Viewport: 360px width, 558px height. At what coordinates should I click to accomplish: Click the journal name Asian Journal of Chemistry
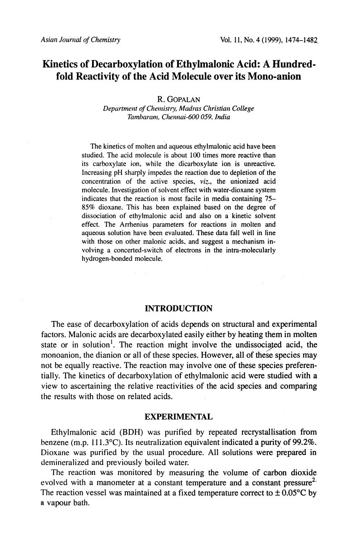[x=81, y=40]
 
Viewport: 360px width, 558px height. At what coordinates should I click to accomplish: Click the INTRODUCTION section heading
[x=179, y=308]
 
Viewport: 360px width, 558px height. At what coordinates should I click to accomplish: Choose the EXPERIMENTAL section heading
[x=179, y=417]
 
